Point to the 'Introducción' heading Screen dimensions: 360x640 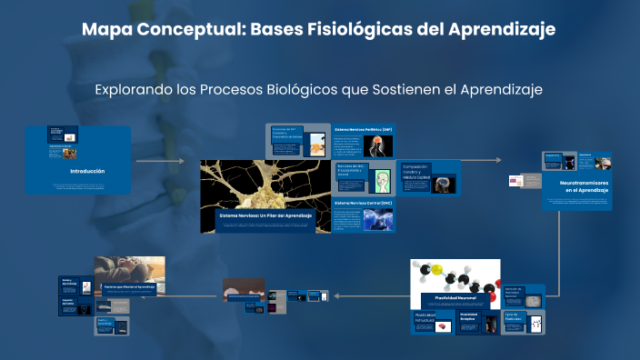click(87, 171)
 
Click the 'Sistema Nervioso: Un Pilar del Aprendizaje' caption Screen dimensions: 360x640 click(265, 215)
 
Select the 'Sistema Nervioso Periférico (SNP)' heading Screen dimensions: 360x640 click(363, 130)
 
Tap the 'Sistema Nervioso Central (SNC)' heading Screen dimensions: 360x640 click(363, 203)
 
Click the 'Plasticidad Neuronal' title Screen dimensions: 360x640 click(455, 297)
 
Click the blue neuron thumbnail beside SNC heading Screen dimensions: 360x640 click(377, 219)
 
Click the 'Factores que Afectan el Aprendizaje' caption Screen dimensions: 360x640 click(129, 285)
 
